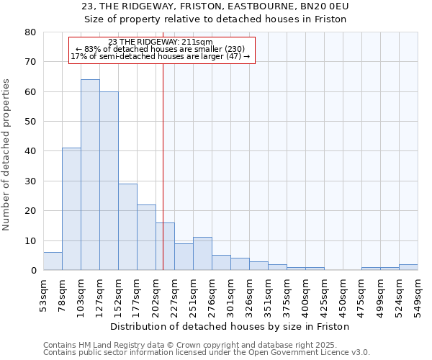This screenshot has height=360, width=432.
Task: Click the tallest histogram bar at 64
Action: [90, 175]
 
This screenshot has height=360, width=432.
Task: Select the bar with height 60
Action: [109, 181]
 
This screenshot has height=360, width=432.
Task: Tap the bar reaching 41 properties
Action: [71, 209]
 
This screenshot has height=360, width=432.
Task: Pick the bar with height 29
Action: [127, 227]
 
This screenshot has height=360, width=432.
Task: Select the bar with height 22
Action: [146, 238]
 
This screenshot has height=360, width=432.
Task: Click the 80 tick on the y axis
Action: [30, 32]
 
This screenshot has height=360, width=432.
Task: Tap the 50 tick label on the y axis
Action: [30, 122]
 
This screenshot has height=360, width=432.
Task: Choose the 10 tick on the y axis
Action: [30, 240]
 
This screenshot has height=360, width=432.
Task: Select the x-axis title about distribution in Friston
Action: [230, 326]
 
